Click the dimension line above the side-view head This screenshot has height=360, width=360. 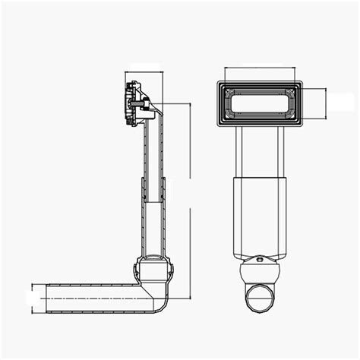144,73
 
